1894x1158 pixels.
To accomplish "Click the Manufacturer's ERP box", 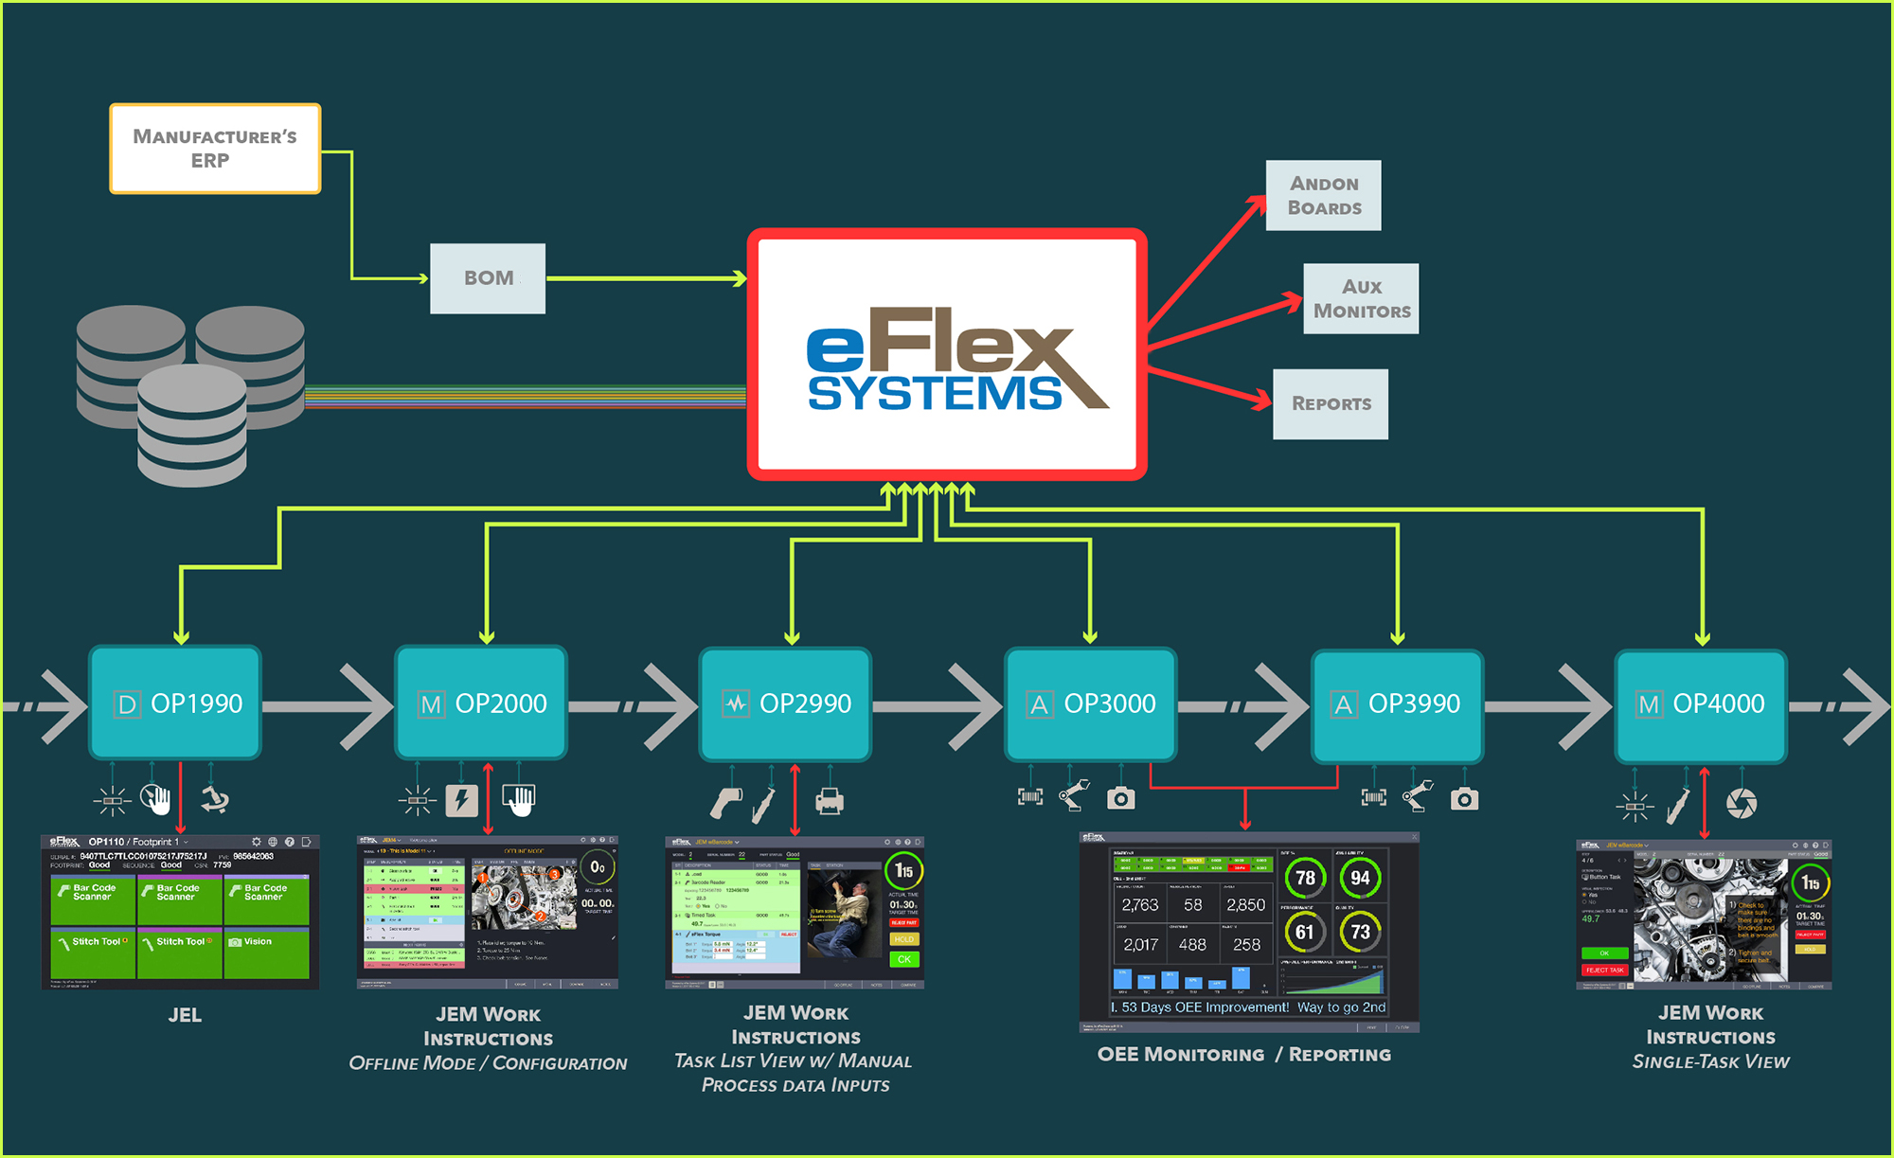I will pos(215,149).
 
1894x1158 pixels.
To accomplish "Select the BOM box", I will pos(488,278).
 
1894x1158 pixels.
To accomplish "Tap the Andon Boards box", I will pos(1323,195).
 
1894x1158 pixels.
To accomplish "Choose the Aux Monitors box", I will pos(1361,298).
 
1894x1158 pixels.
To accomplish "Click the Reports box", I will pos(1331,403).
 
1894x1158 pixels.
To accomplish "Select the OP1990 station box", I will pos(175,703).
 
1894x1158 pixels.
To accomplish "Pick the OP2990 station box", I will pos(785,703).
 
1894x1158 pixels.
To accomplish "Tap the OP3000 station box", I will pos(1090,704).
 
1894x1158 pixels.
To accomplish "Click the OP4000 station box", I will pos(1701,704).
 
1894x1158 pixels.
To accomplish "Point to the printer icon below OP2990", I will pos(830,801).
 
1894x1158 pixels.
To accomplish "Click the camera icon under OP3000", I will pos(1121,798).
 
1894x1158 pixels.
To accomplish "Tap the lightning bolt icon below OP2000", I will pos(462,800).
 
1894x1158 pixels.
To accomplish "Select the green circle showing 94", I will pos(1360,878).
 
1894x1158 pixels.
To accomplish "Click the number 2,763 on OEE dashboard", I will pos(1140,905).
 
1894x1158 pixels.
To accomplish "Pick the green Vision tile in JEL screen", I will pos(267,953).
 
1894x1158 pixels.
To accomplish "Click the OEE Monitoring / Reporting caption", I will pos(1243,1054).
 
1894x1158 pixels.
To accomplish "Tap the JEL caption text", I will pos(185,1015).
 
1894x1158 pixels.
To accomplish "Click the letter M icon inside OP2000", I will pos(431,704).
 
